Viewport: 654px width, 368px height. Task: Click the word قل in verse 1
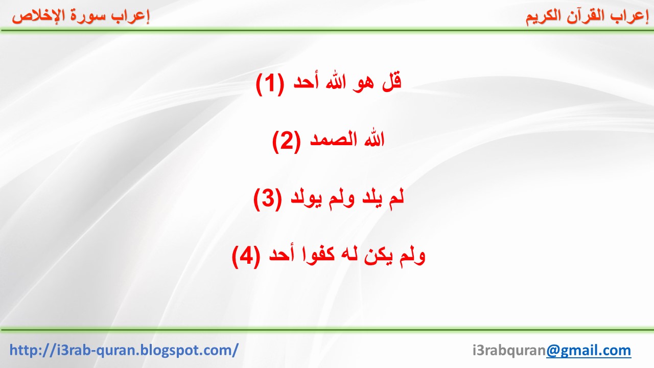coord(392,82)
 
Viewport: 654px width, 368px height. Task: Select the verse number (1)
coord(270,84)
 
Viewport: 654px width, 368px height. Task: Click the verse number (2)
coord(287,142)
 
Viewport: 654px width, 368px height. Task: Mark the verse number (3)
coord(268,199)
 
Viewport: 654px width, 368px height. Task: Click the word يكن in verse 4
coord(378,256)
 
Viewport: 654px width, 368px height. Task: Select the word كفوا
coord(318,255)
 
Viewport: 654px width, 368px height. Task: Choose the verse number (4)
coord(246,257)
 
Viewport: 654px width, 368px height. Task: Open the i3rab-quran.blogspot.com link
coord(124,350)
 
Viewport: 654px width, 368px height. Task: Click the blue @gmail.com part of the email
coord(589,350)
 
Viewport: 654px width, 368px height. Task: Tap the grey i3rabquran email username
coord(509,351)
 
